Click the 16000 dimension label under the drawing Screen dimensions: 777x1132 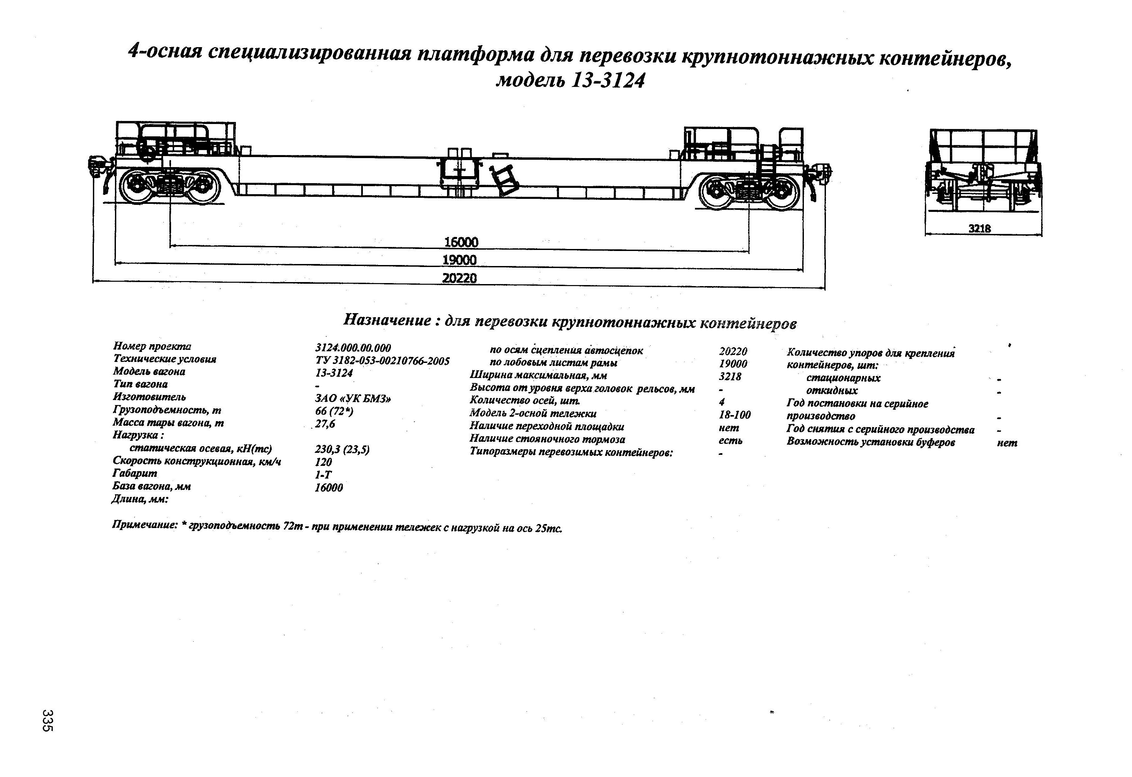click(x=461, y=242)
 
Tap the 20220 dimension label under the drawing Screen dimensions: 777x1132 click(x=459, y=278)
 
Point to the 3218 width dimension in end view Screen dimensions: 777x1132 click(x=980, y=229)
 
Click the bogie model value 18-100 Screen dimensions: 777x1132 click(x=734, y=414)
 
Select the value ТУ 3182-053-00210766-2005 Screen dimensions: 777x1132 click(x=382, y=361)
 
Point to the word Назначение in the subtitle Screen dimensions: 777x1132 click(x=387, y=320)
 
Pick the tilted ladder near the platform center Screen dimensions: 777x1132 click(x=505, y=180)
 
